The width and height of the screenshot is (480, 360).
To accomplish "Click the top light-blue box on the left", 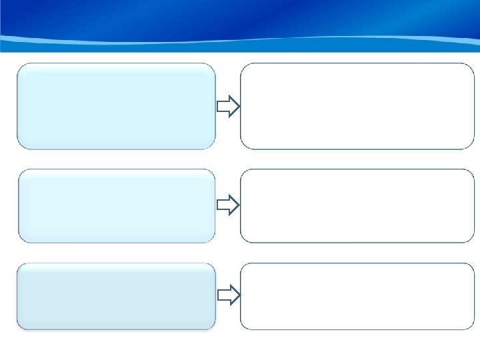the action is click(116, 106).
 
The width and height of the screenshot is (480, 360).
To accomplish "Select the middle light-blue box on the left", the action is click(117, 205).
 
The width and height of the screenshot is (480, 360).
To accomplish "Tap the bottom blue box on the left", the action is click(116, 296).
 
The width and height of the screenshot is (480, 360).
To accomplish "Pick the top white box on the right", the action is click(357, 106).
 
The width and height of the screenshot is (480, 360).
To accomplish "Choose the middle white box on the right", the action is click(357, 205).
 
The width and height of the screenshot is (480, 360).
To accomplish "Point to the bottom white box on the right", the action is click(357, 296).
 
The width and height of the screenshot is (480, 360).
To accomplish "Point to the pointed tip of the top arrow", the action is click(238, 106).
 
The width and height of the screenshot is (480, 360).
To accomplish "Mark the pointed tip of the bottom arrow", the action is click(238, 295).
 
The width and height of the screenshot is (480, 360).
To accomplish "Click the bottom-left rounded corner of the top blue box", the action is click(21, 145).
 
